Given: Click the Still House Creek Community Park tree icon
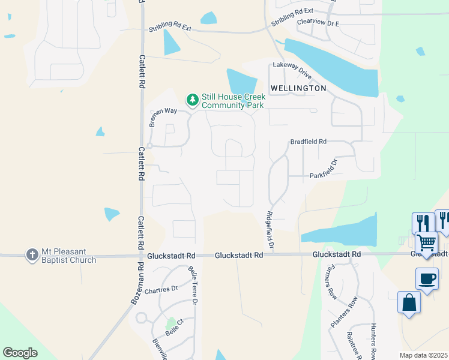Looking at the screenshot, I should point(192,99).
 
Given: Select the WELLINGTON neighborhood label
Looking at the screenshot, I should point(298,88).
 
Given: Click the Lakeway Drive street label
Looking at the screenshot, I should point(292,70).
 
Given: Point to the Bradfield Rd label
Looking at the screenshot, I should point(308,142).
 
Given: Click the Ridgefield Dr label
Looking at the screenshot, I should point(270,230).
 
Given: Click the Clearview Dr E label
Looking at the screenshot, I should point(318,23).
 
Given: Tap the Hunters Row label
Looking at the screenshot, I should point(373,342).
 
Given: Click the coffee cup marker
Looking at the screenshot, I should point(427,280).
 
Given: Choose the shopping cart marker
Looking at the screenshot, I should point(426,243).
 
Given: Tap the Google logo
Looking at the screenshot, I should point(20,353).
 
